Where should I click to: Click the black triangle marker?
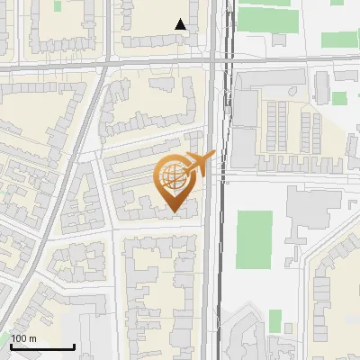181,24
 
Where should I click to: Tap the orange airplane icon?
200,162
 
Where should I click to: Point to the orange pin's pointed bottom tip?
174,212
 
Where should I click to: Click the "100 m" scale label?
23,337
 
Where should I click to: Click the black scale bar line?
41,346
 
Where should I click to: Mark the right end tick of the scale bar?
74,345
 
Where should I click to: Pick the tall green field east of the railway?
254,239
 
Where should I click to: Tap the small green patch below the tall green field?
274,319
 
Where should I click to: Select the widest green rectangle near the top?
265,19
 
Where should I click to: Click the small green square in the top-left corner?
58,5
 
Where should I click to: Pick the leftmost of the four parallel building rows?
267,126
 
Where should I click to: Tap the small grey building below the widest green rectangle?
279,40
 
